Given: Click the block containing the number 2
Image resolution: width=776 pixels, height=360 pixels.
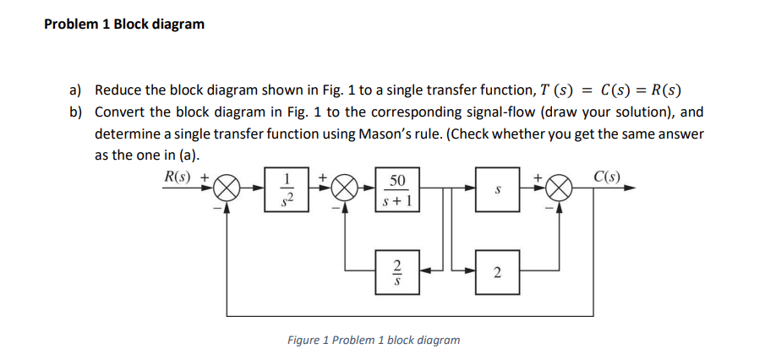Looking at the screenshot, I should pyautogui.click(x=497, y=272).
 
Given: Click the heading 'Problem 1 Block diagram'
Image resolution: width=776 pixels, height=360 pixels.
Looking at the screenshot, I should pyautogui.click(x=124, y=24).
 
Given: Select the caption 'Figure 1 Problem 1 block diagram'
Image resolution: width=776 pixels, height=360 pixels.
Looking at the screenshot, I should pyautogui.click(x=374, y=340).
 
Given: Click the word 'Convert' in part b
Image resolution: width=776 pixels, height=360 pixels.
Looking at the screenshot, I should pyautogui.click(x=120, y=112).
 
